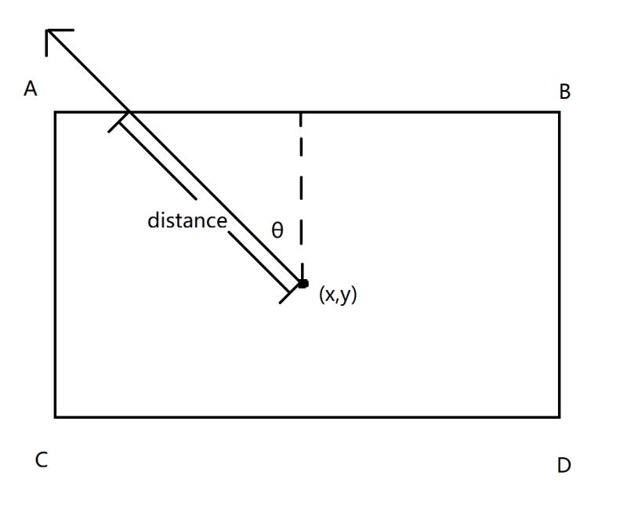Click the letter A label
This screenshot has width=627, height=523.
tap(31, 89)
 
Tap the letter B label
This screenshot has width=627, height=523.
tap(564, 93)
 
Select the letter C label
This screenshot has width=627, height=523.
tap(42, 460)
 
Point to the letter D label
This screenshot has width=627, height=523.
tap(564, 466)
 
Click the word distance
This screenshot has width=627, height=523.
tap(187, 221)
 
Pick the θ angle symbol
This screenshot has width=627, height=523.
tap(277, 231)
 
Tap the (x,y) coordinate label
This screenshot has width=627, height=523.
tap(338, 295)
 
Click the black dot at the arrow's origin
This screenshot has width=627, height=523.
tap(303, 284)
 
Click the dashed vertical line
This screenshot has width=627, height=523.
tap(301, 196)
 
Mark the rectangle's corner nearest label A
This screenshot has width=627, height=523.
tap(55, 112)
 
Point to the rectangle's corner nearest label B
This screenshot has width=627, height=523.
tap(559, 112)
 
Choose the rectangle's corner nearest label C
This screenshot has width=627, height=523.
tap(55, 416)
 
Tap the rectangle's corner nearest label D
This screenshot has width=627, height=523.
tap(559, 416)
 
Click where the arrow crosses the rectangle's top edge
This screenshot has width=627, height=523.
tap(129, 112)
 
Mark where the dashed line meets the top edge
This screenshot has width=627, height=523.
tap(301, 112)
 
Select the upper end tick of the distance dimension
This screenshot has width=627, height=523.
tap(118, 122)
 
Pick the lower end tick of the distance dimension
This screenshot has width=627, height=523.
tap(291, 293)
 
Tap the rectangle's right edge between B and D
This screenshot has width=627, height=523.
tap(559, 264)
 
